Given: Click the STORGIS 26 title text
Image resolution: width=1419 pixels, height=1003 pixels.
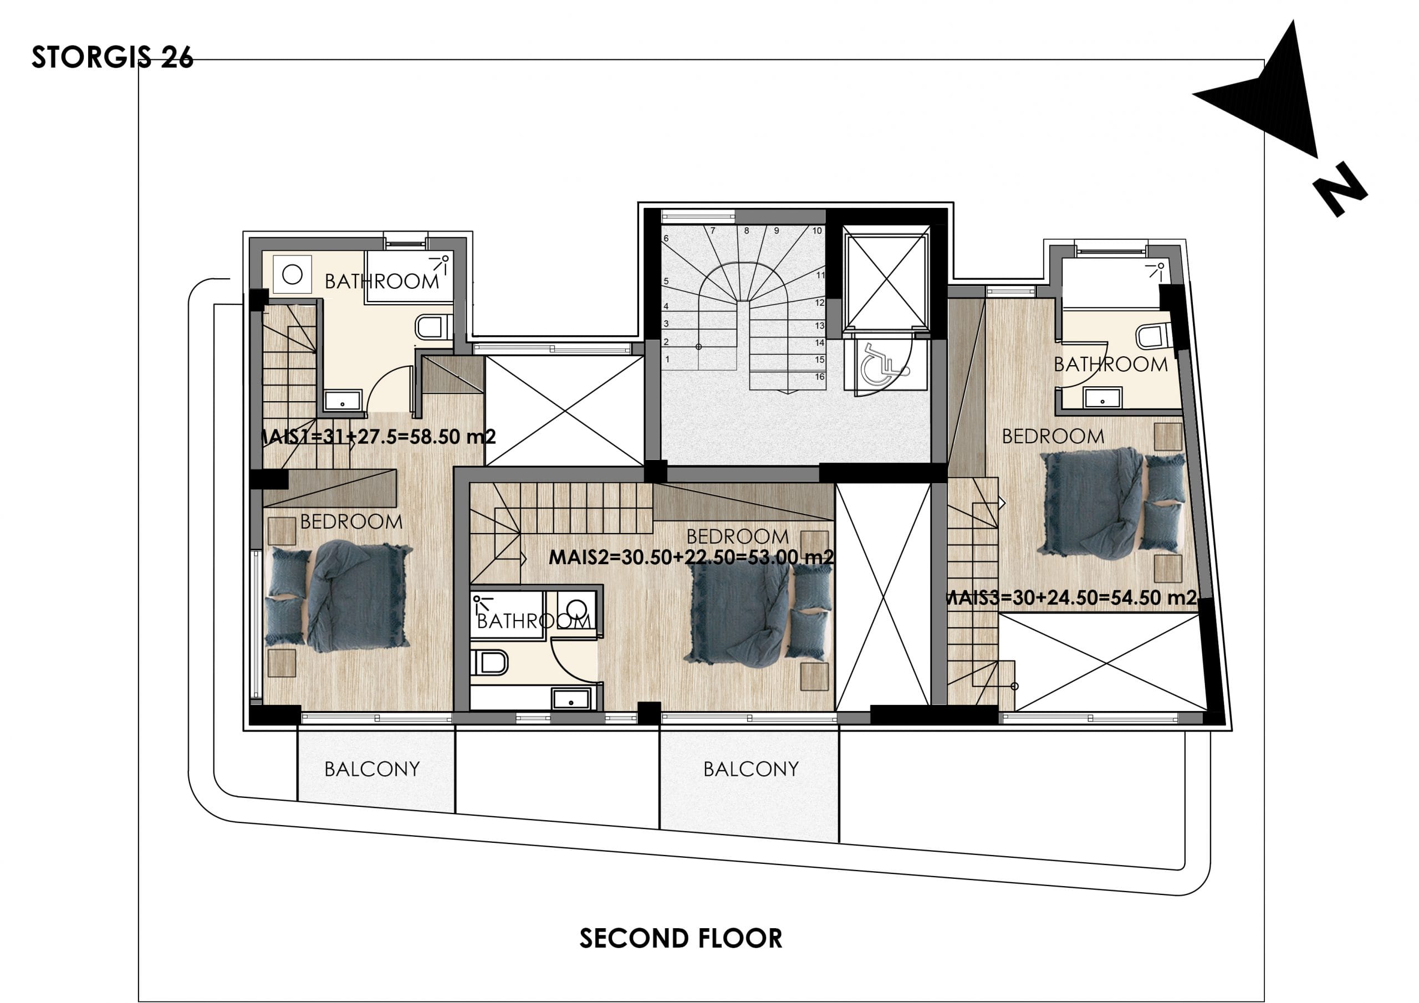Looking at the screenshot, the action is click(113, 58).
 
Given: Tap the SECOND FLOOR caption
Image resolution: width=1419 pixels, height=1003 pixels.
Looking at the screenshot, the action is click(681, 938).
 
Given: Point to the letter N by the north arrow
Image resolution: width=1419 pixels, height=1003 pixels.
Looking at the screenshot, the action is click(1339, 189).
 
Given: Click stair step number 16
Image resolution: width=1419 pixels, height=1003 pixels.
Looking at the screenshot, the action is click(819, 376).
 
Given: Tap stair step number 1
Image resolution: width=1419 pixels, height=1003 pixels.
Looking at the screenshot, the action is click(667, 359).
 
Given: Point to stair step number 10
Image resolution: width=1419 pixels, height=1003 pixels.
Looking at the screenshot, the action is click(817, 231).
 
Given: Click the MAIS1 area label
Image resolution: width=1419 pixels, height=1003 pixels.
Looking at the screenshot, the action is click(377, 437).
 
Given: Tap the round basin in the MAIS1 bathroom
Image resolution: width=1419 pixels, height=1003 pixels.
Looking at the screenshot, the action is click(292, 274).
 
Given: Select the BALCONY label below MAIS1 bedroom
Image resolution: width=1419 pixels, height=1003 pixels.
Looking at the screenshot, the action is click(372, 769).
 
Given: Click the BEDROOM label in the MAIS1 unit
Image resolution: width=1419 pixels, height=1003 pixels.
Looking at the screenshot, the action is click(351, 521).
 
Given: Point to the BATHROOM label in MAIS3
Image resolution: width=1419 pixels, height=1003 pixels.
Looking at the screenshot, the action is click(1111, 365).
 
